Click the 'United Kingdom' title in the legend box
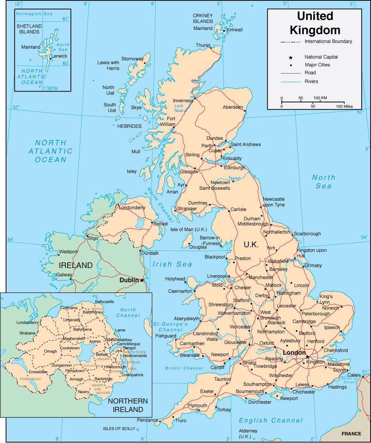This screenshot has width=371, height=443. pos(315,23)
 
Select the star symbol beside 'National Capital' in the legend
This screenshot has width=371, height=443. pos(290,57)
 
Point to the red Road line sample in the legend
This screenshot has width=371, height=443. pos(290,73)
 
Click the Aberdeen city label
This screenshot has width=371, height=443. pos(233,107)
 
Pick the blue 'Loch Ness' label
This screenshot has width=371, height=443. pos(179,108)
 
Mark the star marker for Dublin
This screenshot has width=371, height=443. pos(142,280)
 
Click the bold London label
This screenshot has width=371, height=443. pos(294,353)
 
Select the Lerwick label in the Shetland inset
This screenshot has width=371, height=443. pos(59,56)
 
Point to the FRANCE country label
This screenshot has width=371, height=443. pos(351,434)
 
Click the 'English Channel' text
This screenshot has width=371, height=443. pos(271,420)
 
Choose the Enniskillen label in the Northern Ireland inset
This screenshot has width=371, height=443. pos(38,372)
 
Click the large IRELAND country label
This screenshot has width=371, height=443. pos(75,265)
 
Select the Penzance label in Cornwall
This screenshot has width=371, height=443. pos(147,420)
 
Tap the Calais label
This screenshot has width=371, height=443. pos(354,375)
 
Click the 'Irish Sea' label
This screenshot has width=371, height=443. pos(172,264)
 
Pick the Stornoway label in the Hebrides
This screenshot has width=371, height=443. pos(132,59)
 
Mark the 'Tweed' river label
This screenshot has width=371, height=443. pos(234,178)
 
